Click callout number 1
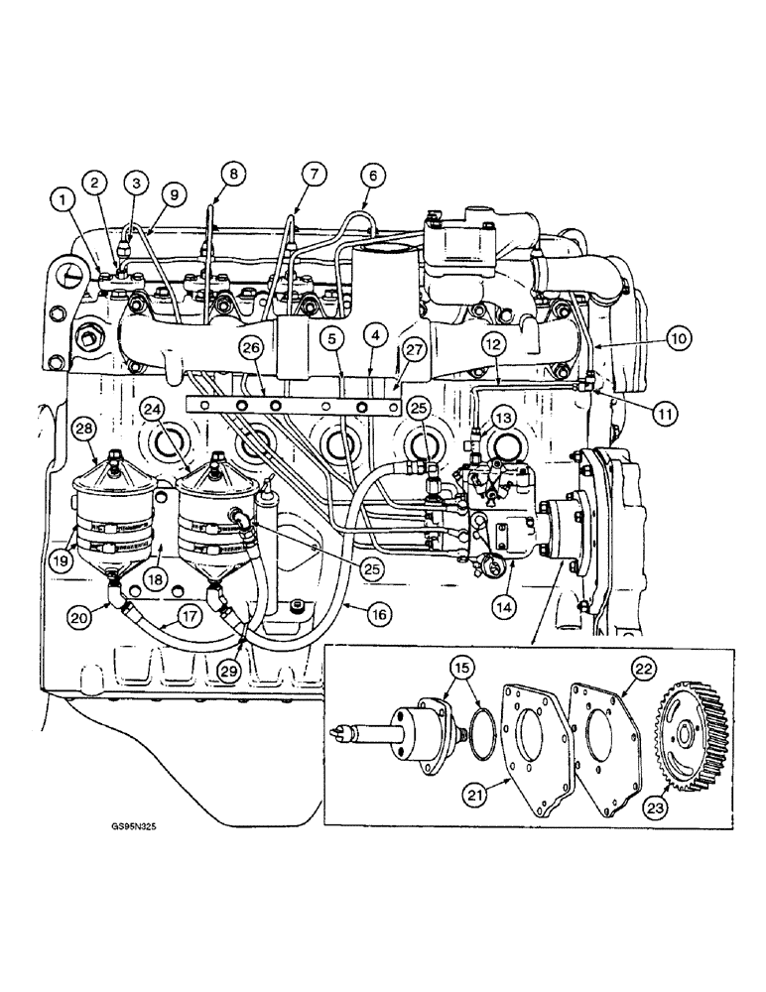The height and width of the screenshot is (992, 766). (x=64, y=202)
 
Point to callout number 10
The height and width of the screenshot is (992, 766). (x=678, y=338)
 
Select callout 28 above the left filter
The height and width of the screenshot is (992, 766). (x=83, y=429)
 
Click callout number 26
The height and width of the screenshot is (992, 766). (x=250, y=347)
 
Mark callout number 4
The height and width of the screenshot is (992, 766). (x=376, y=338)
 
